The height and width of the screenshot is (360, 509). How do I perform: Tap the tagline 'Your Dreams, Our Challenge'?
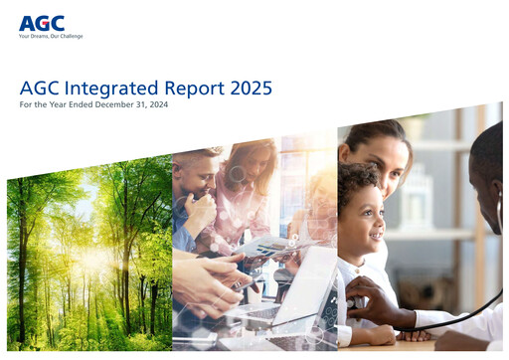point(51,36)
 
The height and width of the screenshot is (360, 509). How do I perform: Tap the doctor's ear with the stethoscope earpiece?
point(497,199)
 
